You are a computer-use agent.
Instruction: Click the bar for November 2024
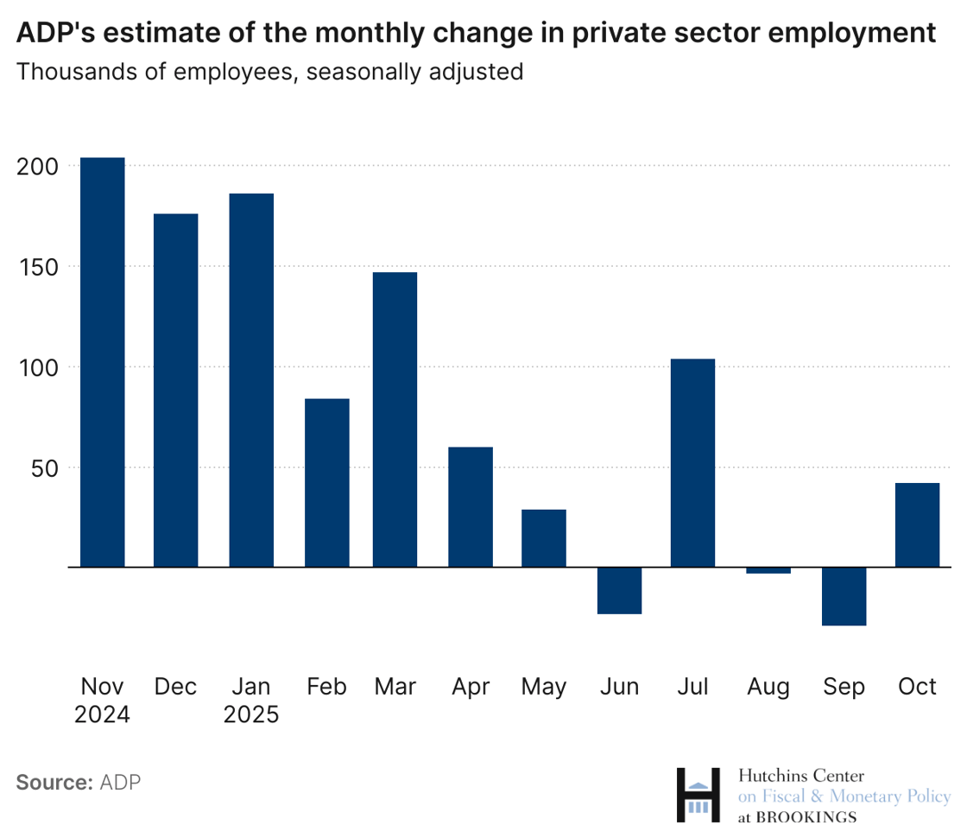102,362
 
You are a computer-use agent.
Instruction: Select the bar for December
176,390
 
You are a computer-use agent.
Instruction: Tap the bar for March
395,420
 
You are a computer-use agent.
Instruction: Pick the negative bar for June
620,591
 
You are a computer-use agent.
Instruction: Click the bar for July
692,463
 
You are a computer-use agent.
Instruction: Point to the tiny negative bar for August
768,570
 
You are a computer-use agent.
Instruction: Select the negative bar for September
844,596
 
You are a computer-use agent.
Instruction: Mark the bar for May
544,538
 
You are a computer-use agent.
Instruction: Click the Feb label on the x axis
326,687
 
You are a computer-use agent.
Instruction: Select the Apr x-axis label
471,687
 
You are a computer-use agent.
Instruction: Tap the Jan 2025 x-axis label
251,701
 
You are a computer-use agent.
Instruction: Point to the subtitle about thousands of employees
269,71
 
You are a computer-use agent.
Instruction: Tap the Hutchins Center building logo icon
698,796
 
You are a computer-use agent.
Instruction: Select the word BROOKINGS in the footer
806,817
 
